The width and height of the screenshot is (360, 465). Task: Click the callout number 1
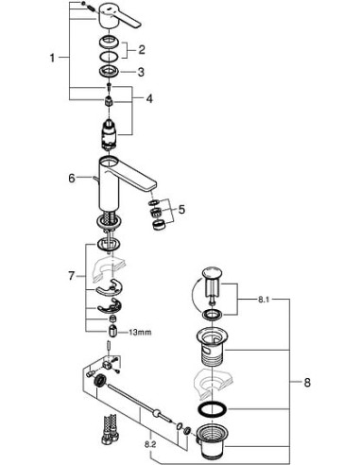pyautogui.click(x=52, y=58)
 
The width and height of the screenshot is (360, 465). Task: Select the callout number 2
pyautogui.click(x=143, y=49)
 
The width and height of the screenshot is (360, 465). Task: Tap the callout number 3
pyautogui.click(x=143, y=71)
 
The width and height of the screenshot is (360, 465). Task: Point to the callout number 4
pyautogui.click(x=148, y=98)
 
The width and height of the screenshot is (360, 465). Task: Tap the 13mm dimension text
pyautogui.click(x=141, y=333)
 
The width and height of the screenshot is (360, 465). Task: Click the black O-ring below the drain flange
pyautogui.click(x=214, y=409)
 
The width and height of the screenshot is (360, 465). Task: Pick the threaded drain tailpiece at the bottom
pyautogui.click(x=214, y=440)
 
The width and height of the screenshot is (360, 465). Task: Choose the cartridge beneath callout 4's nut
pyautogui.click(x=110, y=132)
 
